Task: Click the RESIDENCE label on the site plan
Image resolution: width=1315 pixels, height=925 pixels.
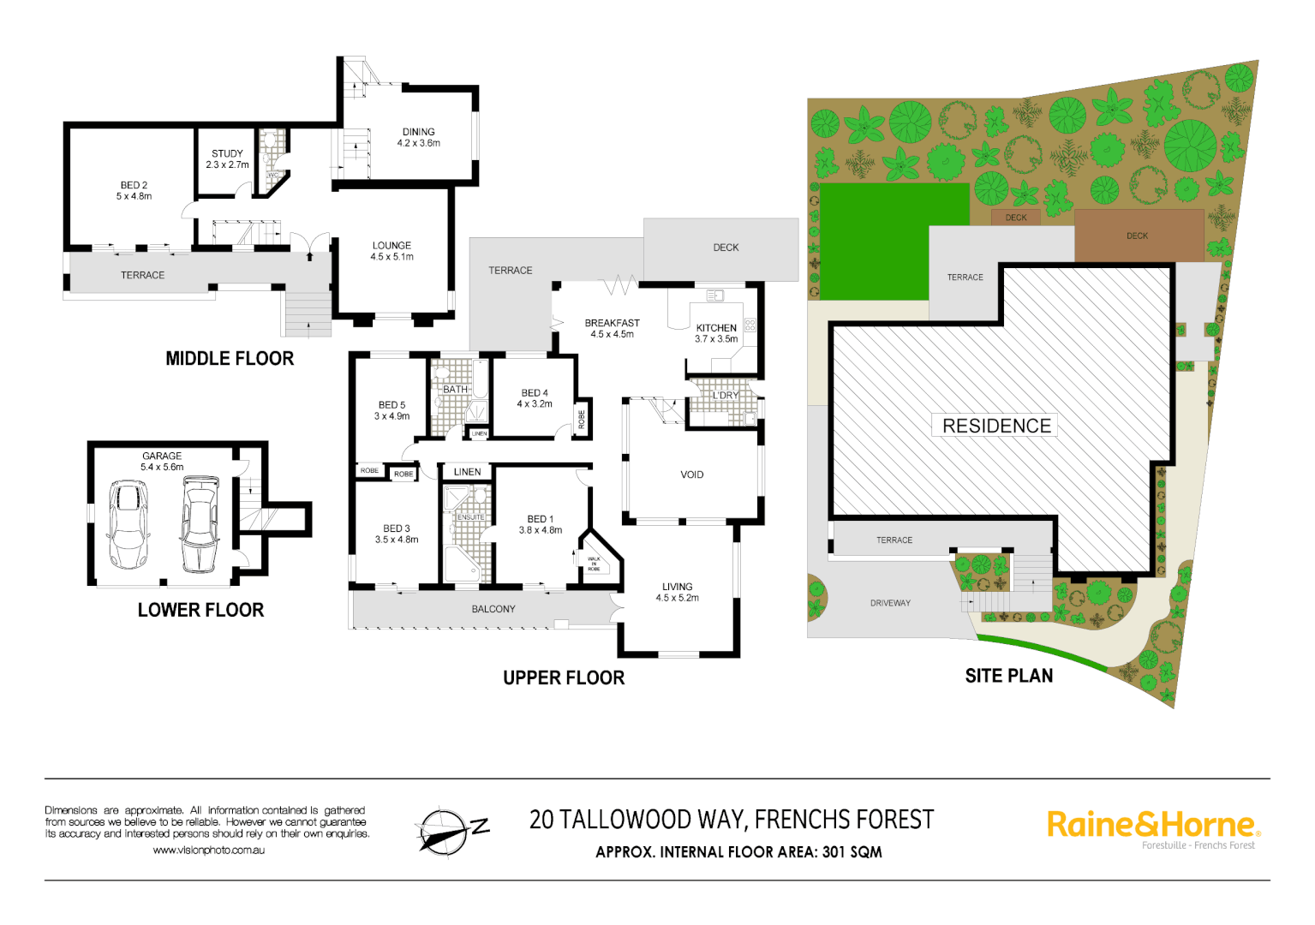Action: tap(995, 426)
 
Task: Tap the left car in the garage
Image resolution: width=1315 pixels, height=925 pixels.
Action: tap(128, 524)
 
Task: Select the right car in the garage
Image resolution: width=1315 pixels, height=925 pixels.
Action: tap(200, 524)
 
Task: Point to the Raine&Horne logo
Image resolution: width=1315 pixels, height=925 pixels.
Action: tap(1152, 826)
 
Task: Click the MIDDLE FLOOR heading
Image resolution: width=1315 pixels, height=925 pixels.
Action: tap(230, 359)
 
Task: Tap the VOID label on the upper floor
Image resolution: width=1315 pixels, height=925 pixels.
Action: tap(691, 474)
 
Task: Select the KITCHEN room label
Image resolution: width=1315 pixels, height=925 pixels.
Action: tap(716, 328)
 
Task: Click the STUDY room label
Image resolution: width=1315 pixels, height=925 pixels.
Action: tap(227, 153)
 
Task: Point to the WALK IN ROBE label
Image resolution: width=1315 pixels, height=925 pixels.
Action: tap(594, 564)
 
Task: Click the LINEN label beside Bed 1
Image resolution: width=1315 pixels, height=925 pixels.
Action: tap(467, 472)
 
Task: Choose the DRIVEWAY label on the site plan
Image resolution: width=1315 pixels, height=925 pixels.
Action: tap(890, 603)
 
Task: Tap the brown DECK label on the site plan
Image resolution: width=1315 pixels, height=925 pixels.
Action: tap(1137, 236)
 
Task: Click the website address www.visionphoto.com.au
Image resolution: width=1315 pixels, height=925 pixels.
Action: tap(208, 850)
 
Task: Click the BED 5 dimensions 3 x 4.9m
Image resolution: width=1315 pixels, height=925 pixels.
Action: tap(392, 416)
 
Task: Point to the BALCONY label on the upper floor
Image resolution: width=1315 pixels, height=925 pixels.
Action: tap(493, 609)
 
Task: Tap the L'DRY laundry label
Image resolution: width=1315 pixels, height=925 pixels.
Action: tap(725, 396)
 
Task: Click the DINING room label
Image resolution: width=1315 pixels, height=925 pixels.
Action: tap(418, 132)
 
